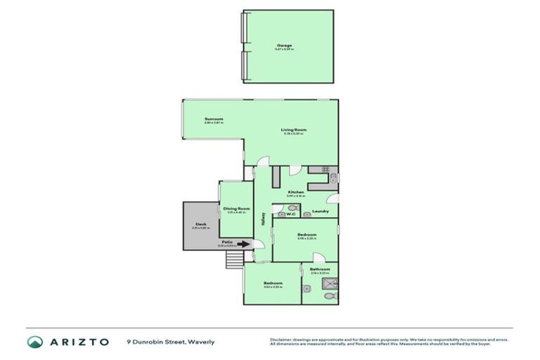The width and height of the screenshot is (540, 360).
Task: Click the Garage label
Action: click(284, 46)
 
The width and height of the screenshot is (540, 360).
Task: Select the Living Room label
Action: click(294, 130)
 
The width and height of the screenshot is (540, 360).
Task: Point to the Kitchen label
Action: click(295, 192)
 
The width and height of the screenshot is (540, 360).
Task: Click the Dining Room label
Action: click(236, 208)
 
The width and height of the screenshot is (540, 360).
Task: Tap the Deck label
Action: click(200, 224)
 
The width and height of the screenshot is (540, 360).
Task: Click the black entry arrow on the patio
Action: click(243, 245)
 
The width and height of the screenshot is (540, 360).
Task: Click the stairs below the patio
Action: click(233, 261)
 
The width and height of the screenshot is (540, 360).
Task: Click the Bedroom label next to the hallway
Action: click(306, 234)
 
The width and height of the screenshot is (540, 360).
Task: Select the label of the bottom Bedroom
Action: click(272, 283)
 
